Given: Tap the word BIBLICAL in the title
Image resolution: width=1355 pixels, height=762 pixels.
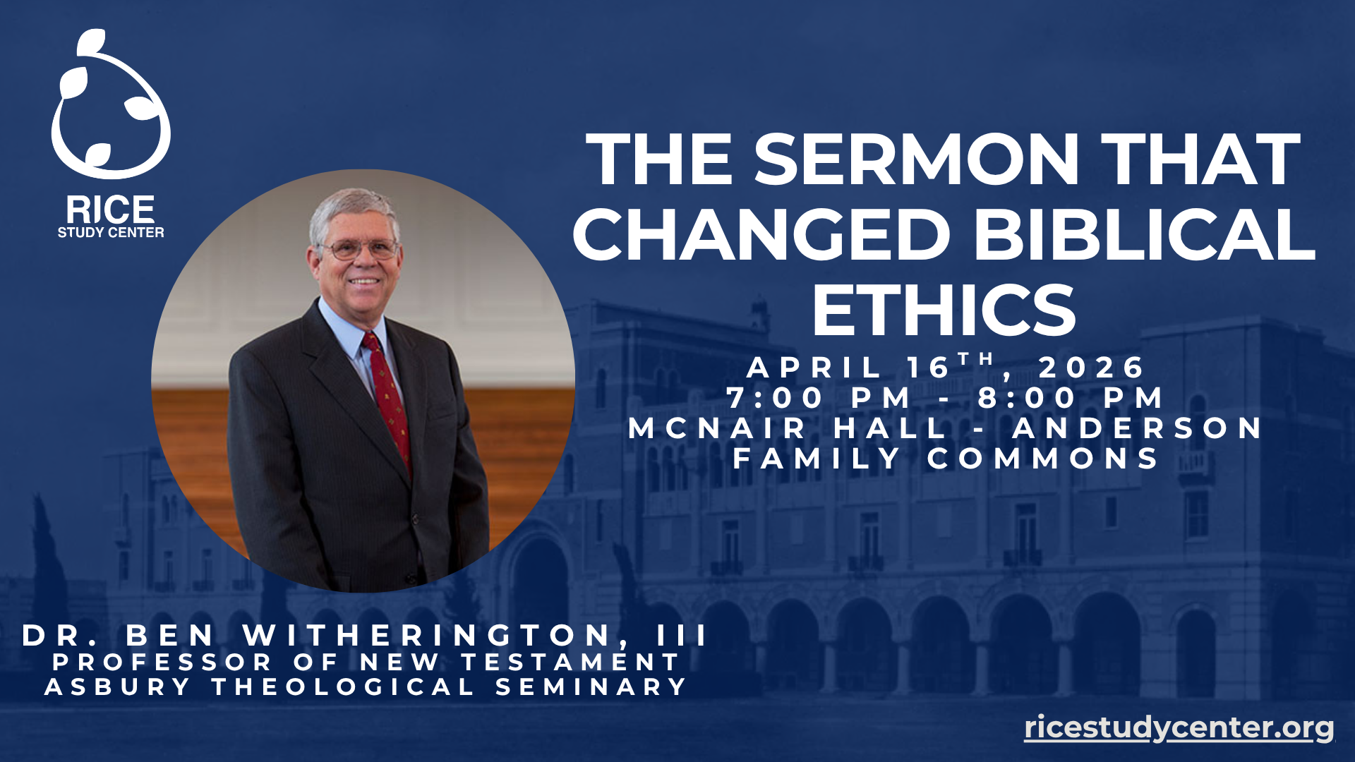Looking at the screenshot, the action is pos(1145,234).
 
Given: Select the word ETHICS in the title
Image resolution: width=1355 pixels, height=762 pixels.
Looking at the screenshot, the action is pos(944,310).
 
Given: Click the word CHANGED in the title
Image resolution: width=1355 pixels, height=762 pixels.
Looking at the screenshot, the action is pos(761,234).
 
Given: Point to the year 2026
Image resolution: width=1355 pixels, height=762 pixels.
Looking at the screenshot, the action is pos(1091,368).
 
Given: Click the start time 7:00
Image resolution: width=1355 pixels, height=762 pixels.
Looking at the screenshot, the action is pos(775,398).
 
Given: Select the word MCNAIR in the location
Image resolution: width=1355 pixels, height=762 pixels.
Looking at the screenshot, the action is pos(717,428).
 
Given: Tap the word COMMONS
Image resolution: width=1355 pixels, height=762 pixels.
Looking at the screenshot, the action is pos(1043,459).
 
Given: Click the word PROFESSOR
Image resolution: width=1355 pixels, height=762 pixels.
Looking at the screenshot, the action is pos(162,662).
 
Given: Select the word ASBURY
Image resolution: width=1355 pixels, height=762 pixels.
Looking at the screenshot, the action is pos(118,687).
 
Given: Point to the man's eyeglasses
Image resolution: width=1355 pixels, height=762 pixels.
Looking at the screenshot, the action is pos(360,249).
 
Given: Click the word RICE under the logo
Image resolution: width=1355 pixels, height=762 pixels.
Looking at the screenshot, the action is pos(111,210).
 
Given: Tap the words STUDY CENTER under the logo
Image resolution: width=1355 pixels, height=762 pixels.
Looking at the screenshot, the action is pos(111,232).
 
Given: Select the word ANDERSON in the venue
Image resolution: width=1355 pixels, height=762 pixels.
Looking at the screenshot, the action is pos(1137,428).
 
